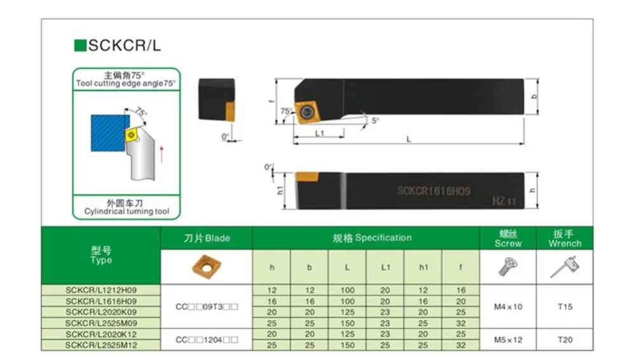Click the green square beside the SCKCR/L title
[x=80, y=45]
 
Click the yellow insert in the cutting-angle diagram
[x=132, y=135]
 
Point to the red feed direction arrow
[x=162, y=154]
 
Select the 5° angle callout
[x=375, y=121]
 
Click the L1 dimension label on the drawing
[x=320, y=133]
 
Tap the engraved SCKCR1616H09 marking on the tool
[x=434, y=191]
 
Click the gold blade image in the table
[x=207, y=267]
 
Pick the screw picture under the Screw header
[x=508, y=267]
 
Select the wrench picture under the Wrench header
[x=565, y=267]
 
